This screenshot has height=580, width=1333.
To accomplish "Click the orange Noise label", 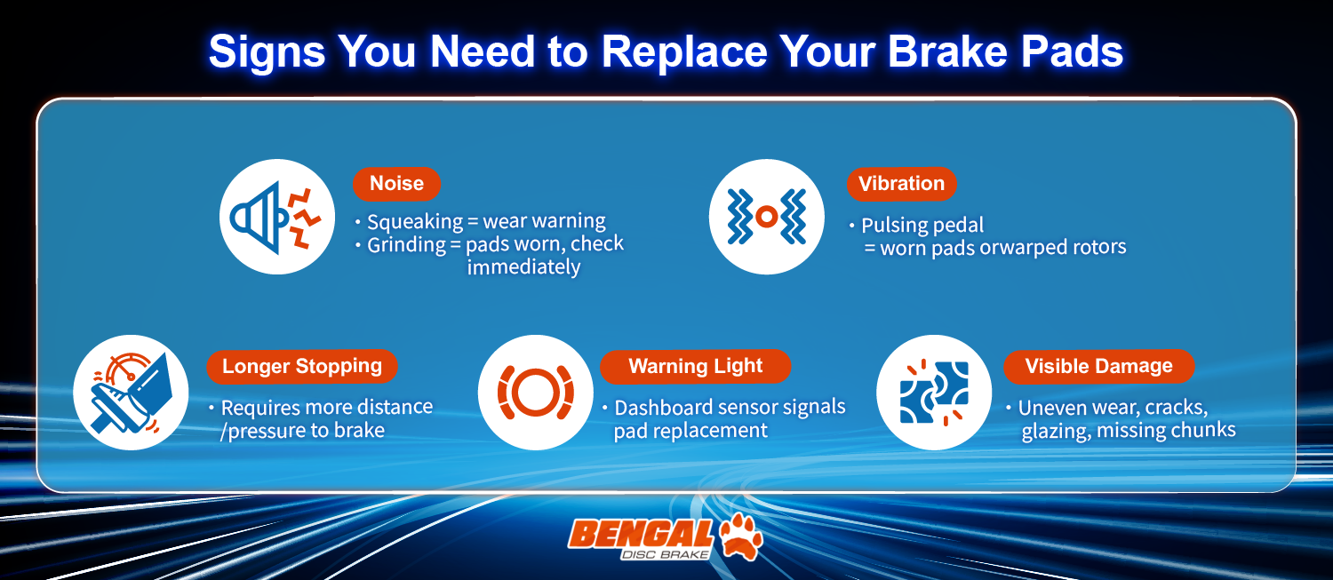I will (396, 184).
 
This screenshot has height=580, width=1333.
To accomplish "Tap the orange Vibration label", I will (901, 184).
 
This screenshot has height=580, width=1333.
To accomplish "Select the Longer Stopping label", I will (301, 366).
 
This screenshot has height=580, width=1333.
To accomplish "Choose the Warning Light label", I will (695, 366).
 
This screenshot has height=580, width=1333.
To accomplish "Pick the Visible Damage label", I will (1098, 366).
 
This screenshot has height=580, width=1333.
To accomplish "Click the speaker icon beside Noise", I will (276, 216).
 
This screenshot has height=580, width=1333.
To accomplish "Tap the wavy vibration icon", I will (766, 216).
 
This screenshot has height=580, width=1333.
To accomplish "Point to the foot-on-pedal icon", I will (131, 392).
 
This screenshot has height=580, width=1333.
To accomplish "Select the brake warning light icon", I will (535, 392).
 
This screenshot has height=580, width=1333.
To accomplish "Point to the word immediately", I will (523, 267).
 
